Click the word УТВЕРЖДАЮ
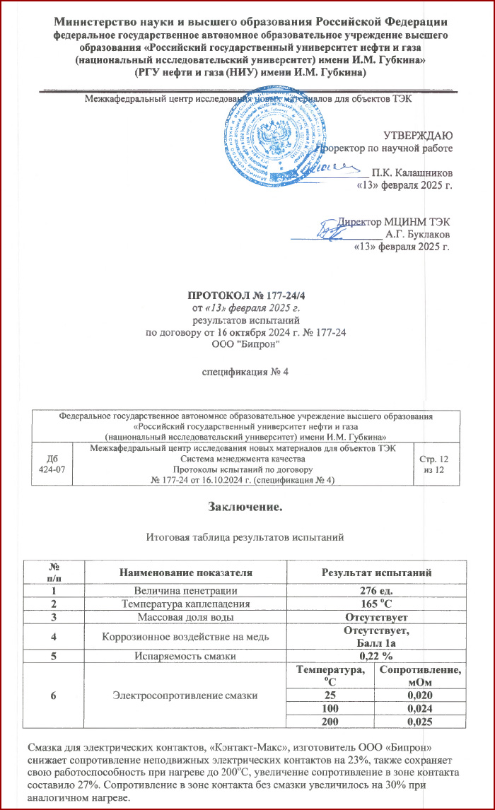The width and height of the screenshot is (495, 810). [414, 134]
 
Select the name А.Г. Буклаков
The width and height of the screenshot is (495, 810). [417, 234]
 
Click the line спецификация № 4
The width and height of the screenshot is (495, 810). [246, 372]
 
